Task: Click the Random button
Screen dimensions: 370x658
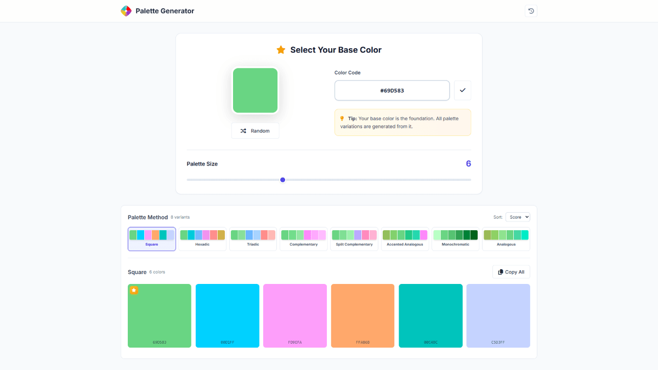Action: tap(255, 131)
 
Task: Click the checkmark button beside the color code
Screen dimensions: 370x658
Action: tap(462, 90)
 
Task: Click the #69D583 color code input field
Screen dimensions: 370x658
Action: tap(392, 90)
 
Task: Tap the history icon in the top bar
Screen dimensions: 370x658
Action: tap(531, 11)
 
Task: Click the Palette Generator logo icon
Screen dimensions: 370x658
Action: tap(126, 11)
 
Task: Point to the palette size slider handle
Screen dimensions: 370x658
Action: tap(283, 180)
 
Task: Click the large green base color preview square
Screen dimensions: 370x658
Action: tap(255, 90)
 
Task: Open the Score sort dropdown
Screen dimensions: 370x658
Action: tap(518, 217)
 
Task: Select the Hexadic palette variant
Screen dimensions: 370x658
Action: tap(202, 239)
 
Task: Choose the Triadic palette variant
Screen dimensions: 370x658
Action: tap(253, 239)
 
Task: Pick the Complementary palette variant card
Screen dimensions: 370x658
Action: tap(303, 239)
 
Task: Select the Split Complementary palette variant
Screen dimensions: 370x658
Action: tap(354, 239)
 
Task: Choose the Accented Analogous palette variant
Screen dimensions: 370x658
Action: tap(405, 239)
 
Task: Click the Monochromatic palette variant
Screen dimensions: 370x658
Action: tap(455, 239)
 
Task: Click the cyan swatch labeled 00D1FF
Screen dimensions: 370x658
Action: tap(228, 315)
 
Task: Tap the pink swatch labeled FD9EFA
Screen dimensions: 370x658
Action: tap(295, 315)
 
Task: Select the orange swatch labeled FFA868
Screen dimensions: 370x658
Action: tap(362, 315)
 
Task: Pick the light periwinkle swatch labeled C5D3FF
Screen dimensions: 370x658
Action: tap(498, 315)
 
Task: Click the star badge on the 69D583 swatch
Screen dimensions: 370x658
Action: tap(134, 290)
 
